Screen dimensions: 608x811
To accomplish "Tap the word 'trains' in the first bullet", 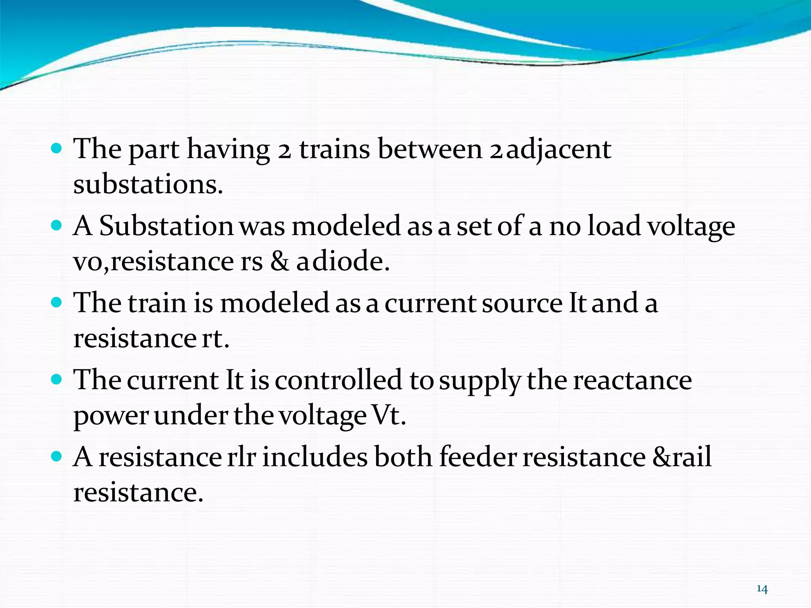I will (x=334, y=149).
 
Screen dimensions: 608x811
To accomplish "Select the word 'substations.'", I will (x=148, y=184).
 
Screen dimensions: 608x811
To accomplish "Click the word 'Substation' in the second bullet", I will (x=166, y=226).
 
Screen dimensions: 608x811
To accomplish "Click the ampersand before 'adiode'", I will (x=280, y=262).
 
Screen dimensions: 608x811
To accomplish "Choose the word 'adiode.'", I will (x=343, y=262).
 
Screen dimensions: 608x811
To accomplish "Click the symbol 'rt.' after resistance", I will (x=215, y=339).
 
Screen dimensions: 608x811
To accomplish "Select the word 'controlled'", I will (x=339, y=380).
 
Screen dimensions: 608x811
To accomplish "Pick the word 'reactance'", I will (x=632, y=380).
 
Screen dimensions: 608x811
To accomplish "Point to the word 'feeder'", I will (x=478, y=457).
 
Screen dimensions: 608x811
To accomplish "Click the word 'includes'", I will (x=315, y=457).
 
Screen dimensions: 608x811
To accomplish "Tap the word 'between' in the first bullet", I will (x=430, y=149).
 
